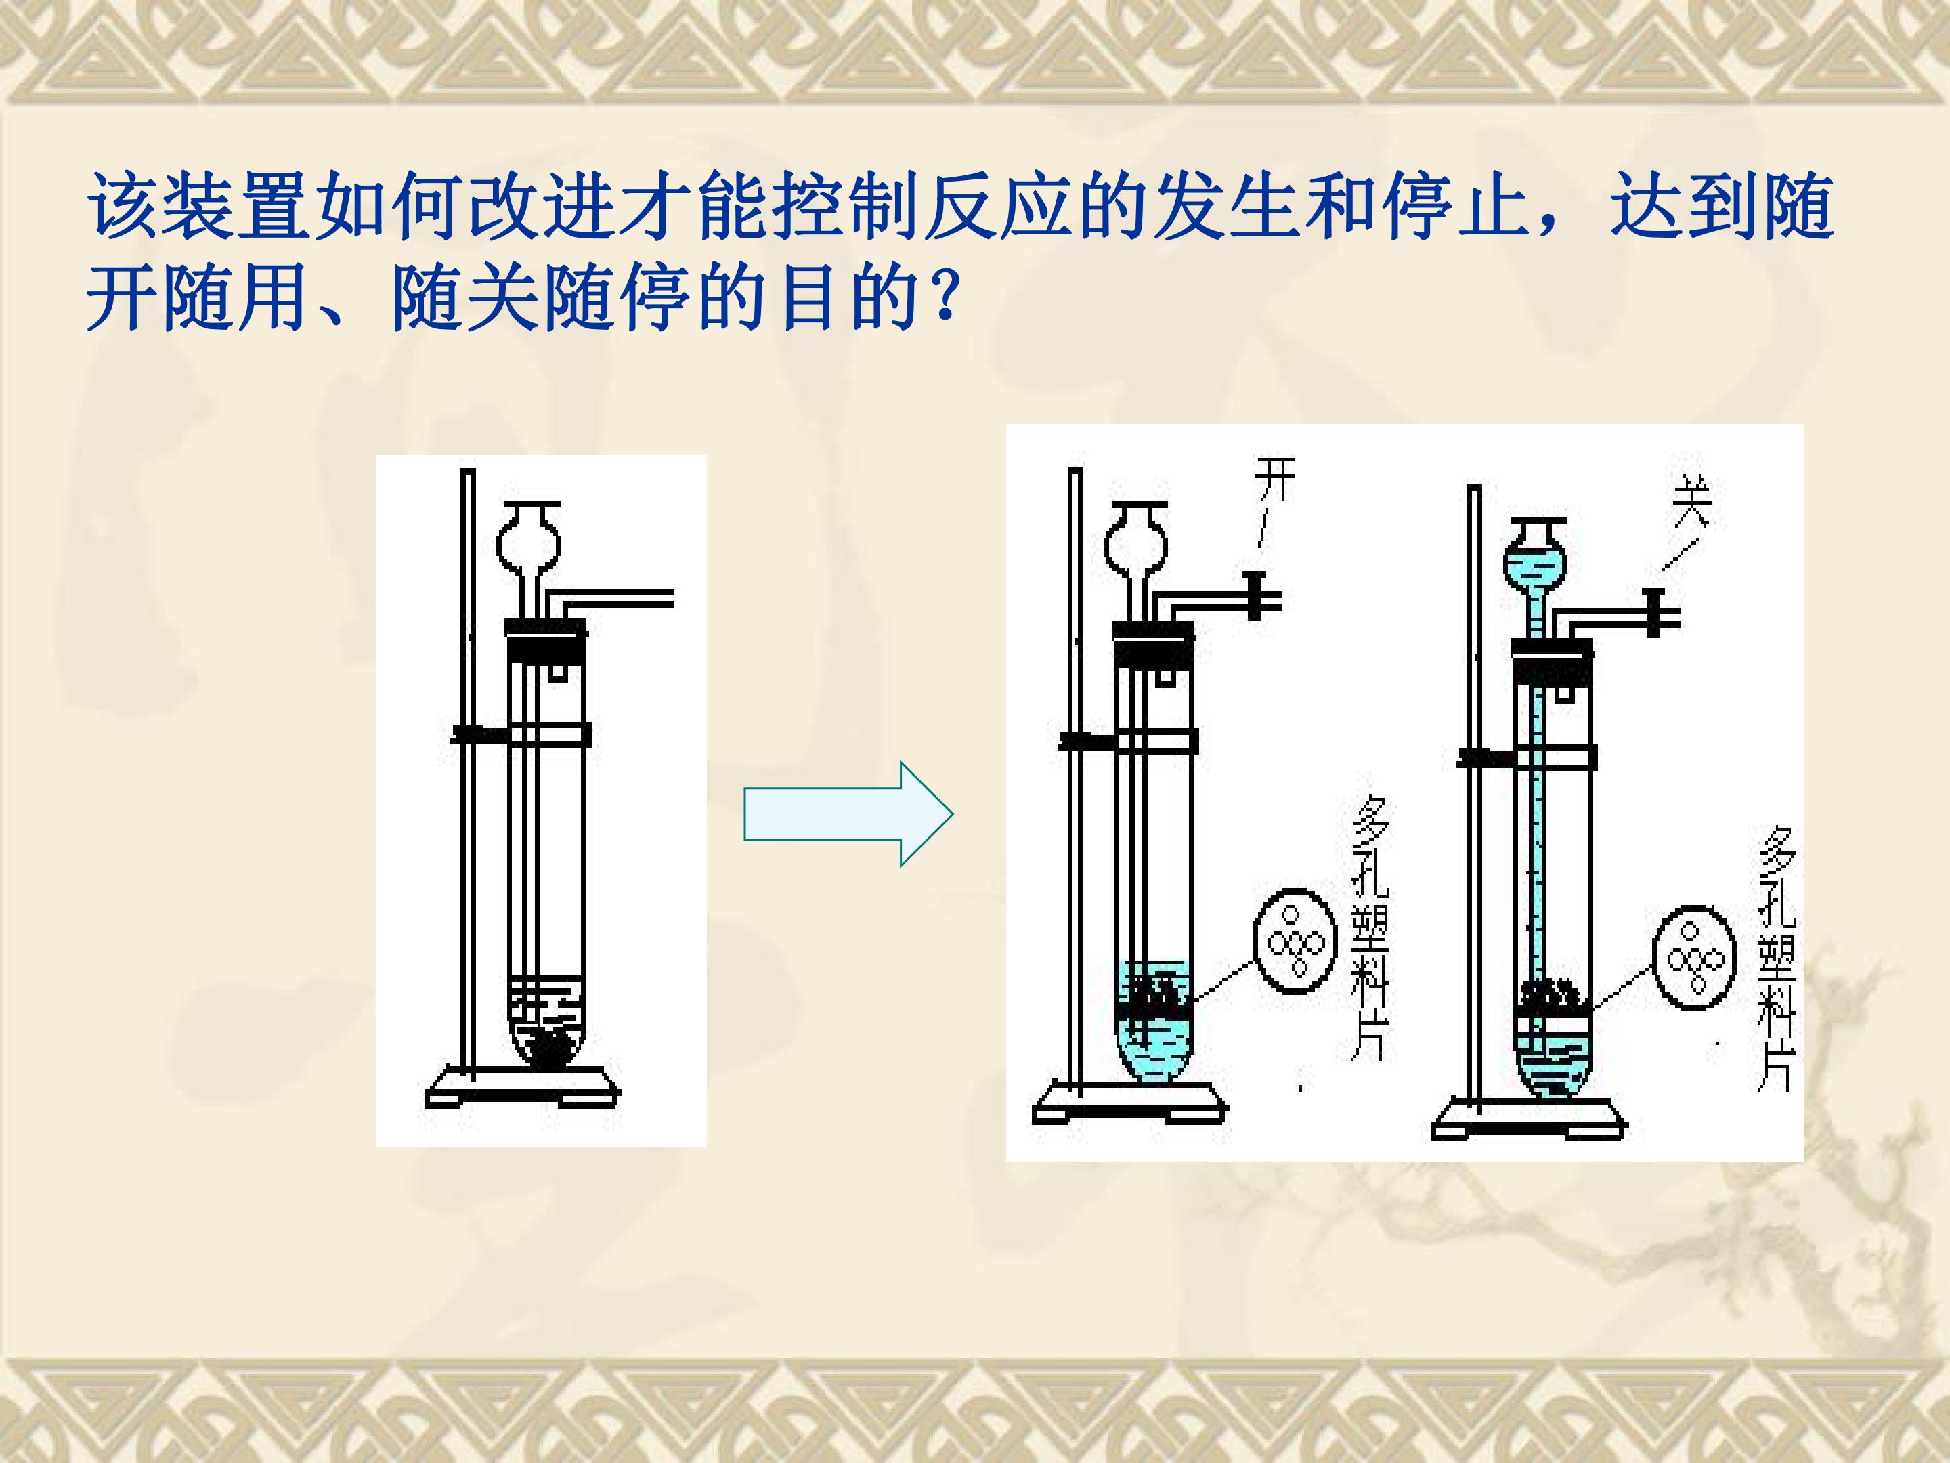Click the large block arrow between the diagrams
pos(848,814)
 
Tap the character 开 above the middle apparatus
pos(1276,481)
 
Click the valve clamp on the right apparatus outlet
pos(1655,613)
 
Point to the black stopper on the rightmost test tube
pos(1553,660)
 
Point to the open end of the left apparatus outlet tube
pos(672,599)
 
